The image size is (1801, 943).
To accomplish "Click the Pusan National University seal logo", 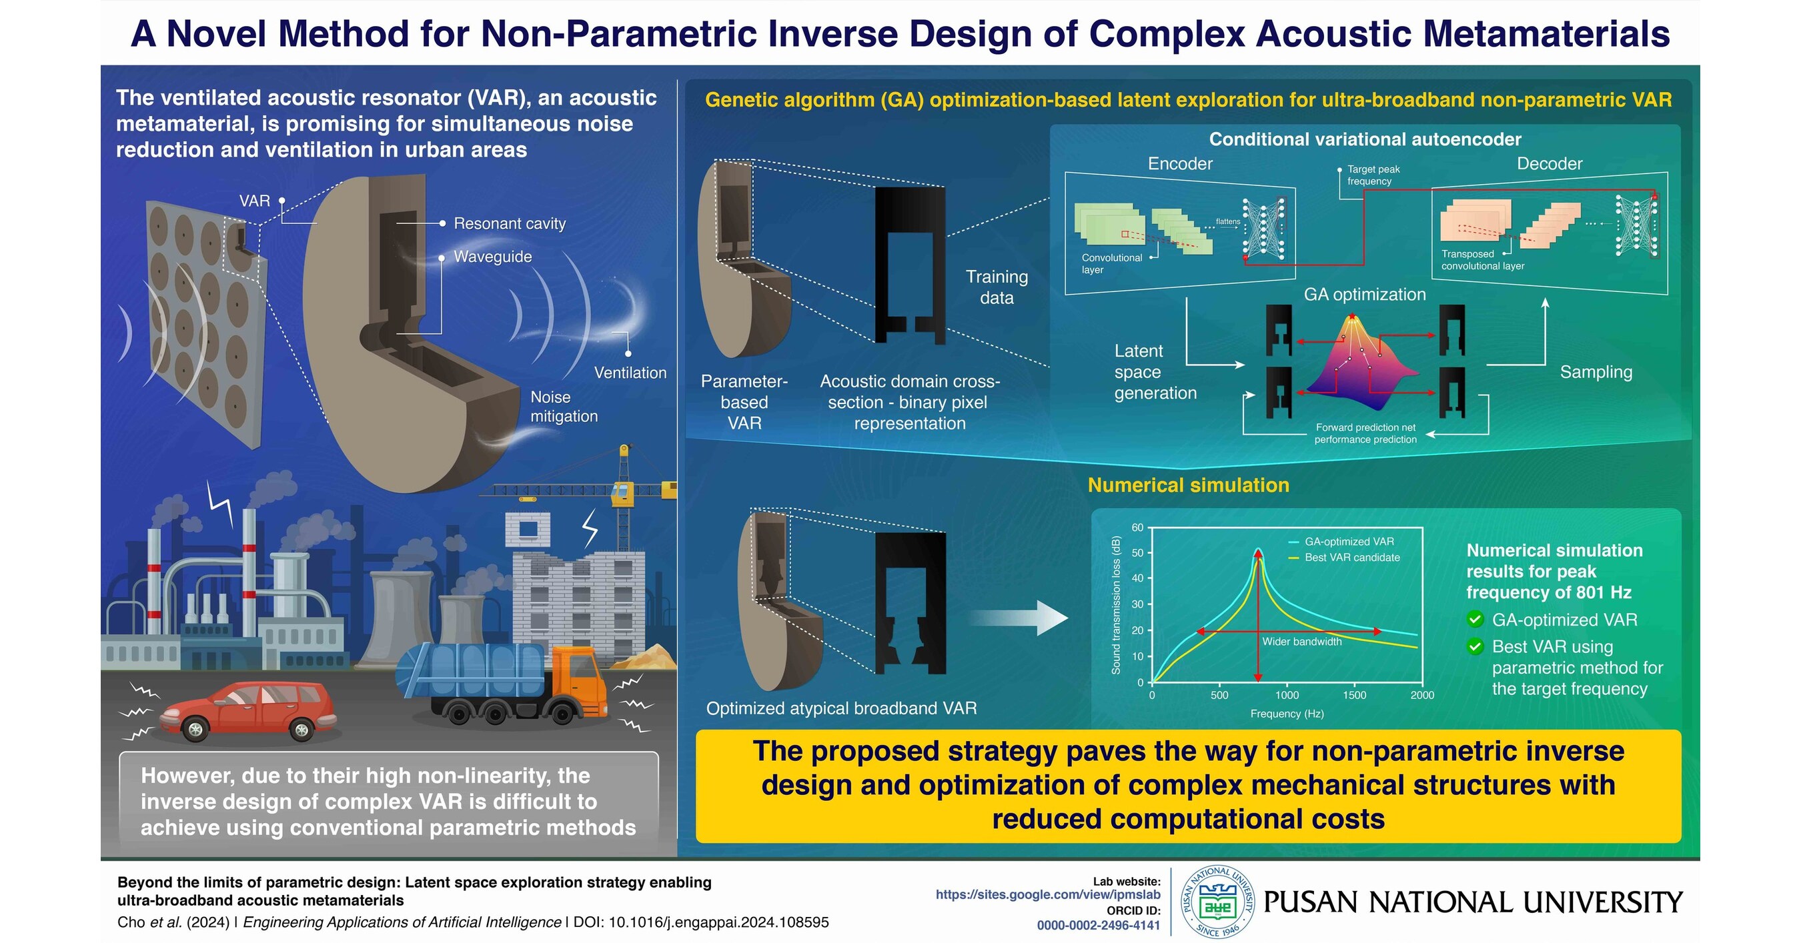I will [1218, 902].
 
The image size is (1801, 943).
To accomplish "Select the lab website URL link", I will [1048, 895].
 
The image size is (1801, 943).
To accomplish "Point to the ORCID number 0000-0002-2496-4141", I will [1098, 926].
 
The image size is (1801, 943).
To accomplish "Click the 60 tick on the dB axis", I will [1137, 528].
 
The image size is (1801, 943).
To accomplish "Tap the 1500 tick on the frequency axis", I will [1354, 696].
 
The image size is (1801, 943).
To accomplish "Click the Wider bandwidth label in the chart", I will [1302, 642].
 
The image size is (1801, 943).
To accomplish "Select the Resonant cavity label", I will [510, 223].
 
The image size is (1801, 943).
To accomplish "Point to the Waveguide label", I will [493, 257].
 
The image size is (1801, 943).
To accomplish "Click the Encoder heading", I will [1180, 163].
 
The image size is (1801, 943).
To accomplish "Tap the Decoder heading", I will [1550, 163].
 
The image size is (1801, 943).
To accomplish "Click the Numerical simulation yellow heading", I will [1188, 485].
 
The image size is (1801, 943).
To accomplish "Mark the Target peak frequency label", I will [1373, 175].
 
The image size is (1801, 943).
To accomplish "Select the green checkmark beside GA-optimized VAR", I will [1475, 620].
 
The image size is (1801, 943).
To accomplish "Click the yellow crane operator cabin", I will [622, 492].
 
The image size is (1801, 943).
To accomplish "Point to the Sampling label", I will [1596, 372].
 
